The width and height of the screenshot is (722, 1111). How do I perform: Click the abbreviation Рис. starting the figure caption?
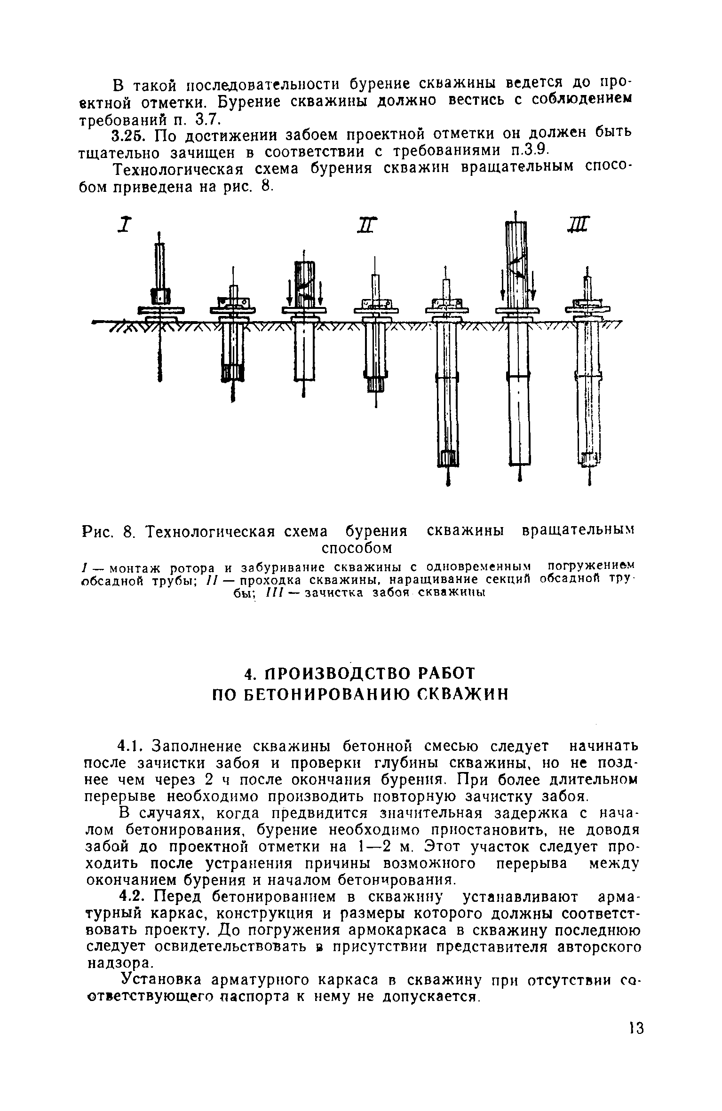tap(98, 532)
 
